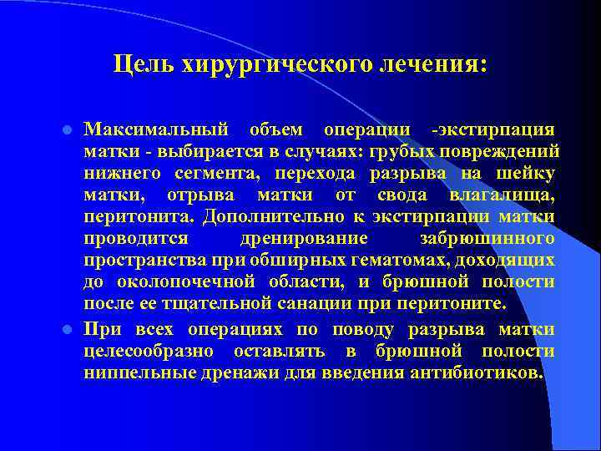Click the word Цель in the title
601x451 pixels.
(x=139, y=64)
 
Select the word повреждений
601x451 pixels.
(x=505, y=152)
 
